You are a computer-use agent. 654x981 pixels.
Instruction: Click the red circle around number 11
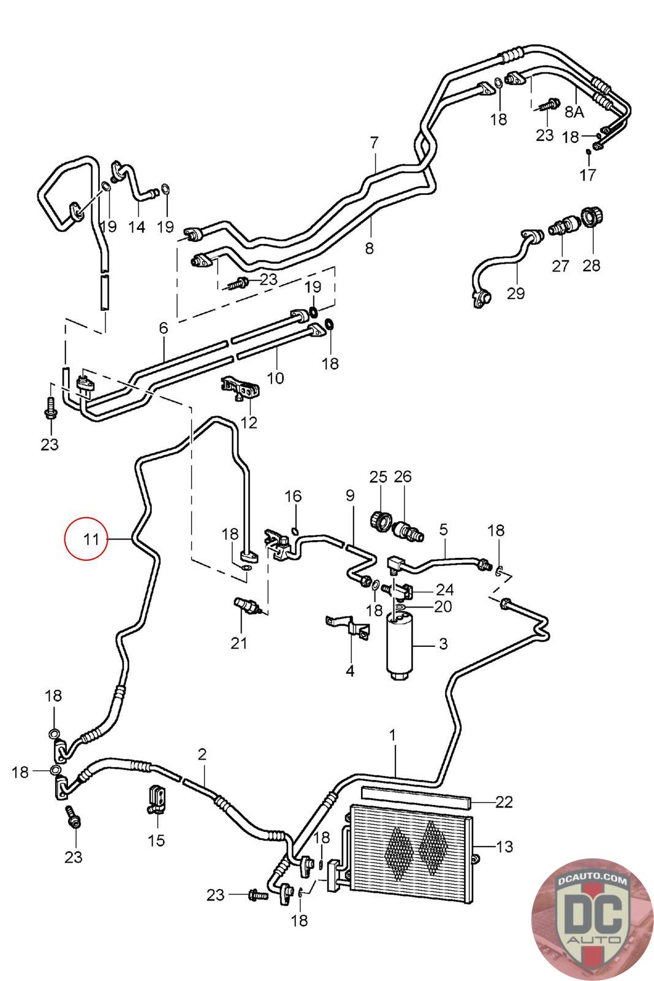86,539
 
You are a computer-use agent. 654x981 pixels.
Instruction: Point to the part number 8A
574,112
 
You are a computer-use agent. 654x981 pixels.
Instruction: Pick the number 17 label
588,175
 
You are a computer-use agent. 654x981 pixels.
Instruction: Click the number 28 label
591,265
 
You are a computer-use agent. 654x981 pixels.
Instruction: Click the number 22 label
504,801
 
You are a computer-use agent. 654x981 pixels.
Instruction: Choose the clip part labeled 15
156,800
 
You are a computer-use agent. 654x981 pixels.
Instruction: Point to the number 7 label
374,143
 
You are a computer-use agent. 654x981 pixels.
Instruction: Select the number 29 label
515,293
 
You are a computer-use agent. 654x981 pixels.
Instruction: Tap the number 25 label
378,476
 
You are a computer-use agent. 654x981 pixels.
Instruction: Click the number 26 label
403,476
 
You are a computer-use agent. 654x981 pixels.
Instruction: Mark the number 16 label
293,496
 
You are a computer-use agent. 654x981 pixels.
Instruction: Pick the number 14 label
136,227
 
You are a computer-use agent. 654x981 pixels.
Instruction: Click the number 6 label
163,327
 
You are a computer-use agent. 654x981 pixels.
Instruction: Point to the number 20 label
443,606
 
